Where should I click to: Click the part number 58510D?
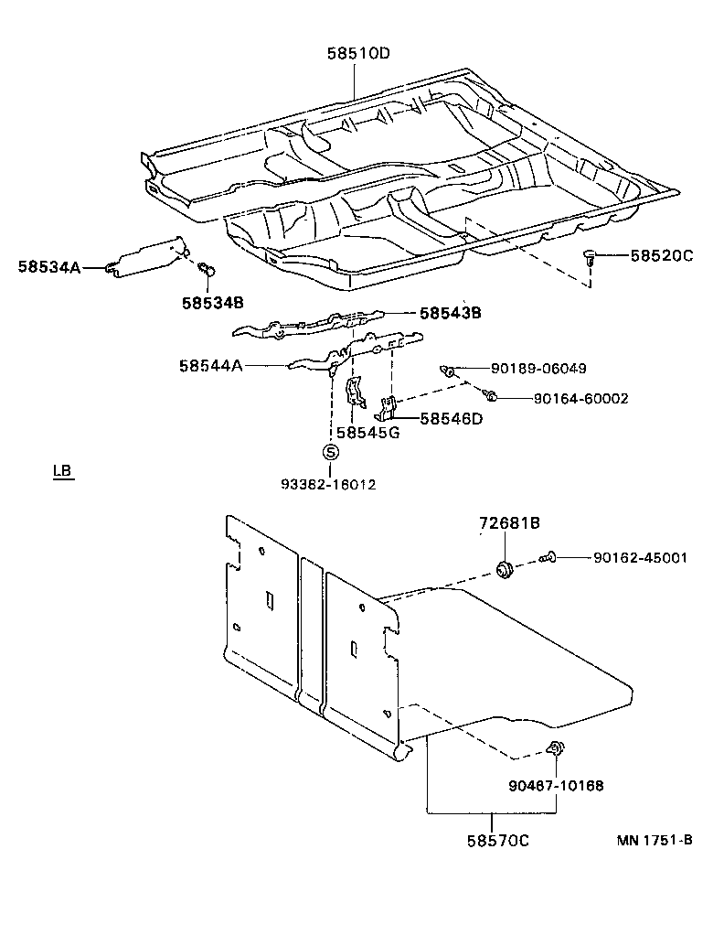[x=358, y=53]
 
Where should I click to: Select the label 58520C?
[x=661, y=256]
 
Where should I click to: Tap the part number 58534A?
[x=48, y=267]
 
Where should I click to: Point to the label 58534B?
[x=212, y=301]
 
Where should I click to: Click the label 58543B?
[x=450, y=313]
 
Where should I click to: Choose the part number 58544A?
[x=210, y=366]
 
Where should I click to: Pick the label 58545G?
[x=367, y=433]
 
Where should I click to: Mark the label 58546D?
[x=450, y=419]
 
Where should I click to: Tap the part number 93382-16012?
[x=330, y=483]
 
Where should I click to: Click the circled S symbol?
[x=330, y=452]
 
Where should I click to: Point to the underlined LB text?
[x=62, y=472]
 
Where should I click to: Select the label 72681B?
[x=509, y=523]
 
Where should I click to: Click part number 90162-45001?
[x=640, y=557]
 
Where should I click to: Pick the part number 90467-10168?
[x=556, y=785]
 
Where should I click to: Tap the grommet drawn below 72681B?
[x=503, y=571]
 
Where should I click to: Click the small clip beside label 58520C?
[x=591, y=257]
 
